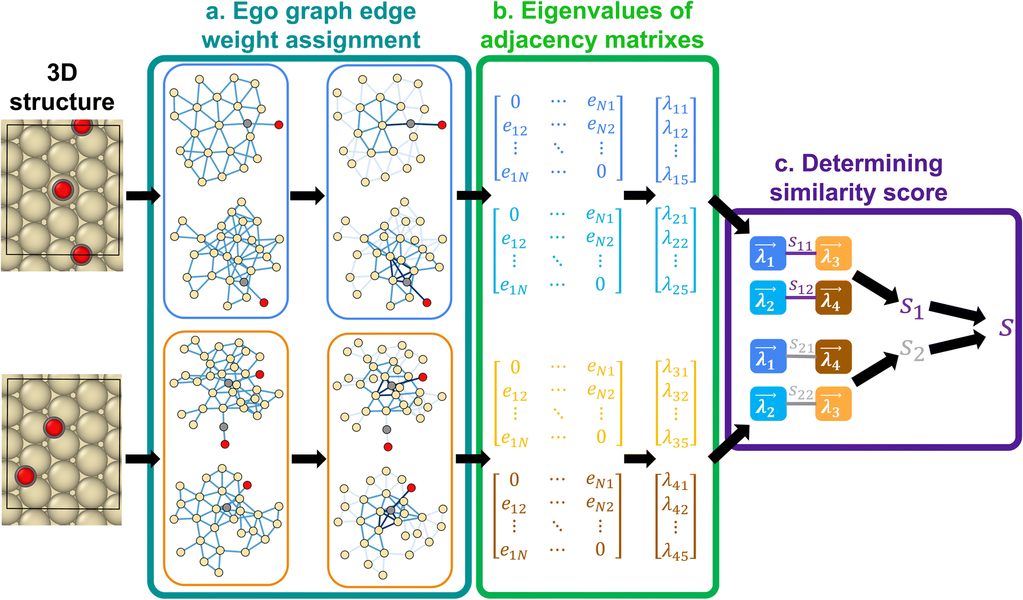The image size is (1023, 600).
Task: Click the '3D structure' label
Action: [x=62, y=87]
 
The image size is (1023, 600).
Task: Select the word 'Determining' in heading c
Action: [x=872, y=164]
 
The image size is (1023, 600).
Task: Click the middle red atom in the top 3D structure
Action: [x=63, y=190]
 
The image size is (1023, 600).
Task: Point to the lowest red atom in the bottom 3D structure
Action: [x=25, y=477]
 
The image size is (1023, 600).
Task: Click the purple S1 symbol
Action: [x=912, y=308]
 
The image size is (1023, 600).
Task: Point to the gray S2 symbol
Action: [x=912, y=350]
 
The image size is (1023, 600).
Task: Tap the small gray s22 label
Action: [x=801, y=393]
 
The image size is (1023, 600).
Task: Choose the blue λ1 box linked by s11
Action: [x=768, y=253]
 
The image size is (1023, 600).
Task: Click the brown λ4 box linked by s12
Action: [x=833, y=298]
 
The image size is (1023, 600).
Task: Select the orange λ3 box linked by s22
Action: [x=833, y=403]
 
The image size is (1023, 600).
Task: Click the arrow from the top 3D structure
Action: [x=143, y=195]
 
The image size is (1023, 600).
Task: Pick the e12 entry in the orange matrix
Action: [x=515, y=395]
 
